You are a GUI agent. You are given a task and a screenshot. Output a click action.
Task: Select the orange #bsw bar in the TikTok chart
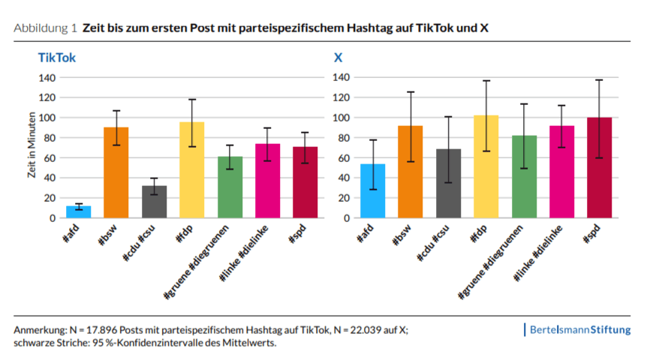(x=116, y=172)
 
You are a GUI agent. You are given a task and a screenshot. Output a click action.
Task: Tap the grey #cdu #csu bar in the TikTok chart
(x=154, y=202)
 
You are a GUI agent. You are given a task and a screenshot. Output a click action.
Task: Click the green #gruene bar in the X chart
(x=524, y=177)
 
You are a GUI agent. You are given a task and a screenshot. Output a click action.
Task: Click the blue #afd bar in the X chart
(x=373, y=191)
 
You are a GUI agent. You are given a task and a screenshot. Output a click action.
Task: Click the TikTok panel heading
(x=57, y=57)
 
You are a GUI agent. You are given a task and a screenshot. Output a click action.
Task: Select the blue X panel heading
(x=338, y=57)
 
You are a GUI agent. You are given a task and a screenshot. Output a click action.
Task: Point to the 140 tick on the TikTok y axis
(x=47, y=77)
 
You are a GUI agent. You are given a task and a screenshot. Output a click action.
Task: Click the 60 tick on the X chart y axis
(x=342, y=157)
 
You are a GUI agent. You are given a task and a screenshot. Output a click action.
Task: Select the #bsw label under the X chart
(x=403, y=235)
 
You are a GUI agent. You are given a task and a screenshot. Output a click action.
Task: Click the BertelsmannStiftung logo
(x=579, y=330)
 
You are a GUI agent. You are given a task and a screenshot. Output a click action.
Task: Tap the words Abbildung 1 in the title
(x=46, y=28)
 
